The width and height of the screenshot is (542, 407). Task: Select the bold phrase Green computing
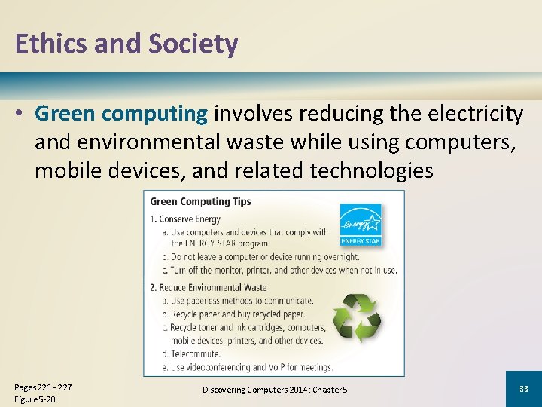click(120, 114)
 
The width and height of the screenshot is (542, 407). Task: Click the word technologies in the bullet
click(371, 171)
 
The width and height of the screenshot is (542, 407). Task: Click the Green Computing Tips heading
click(200, 201)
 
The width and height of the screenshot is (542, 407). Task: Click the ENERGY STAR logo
click(361, 224)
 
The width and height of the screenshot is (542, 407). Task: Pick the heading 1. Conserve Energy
click(185, 219)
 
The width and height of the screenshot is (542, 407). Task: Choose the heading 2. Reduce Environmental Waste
click(208, 287)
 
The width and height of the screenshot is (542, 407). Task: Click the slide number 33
click(523, 389)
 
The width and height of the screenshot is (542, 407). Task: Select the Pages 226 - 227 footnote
click(44, 387)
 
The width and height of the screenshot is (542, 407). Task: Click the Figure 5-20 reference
click(35, 399)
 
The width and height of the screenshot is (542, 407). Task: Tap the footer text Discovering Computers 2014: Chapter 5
click(275, 389)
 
